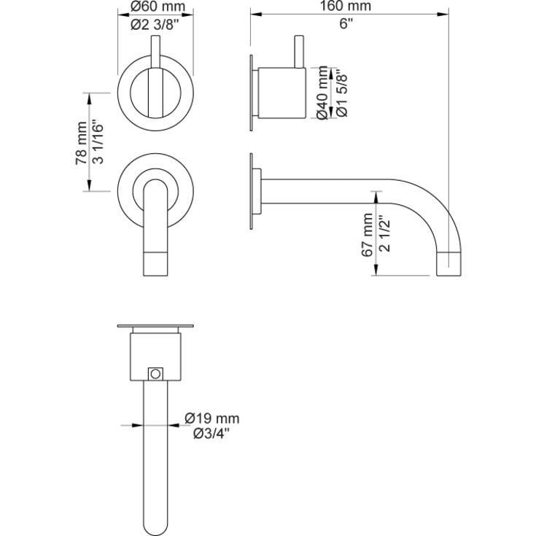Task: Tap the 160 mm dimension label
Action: coord(346,7)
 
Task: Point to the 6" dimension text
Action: coord(346,23)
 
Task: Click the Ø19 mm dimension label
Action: coord(211,419)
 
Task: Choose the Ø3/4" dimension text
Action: coord(211,434)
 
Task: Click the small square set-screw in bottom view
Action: coord(154,373)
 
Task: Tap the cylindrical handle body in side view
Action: coord(281,93)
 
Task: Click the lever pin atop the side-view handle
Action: coord(299,51)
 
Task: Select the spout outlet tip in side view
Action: coord(448,263)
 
